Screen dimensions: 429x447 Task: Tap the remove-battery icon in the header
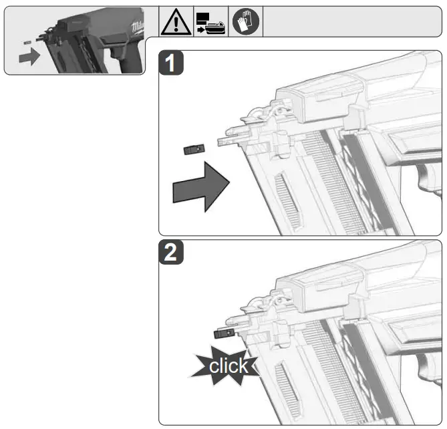(210, 22)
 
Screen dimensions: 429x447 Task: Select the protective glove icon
(245, 22)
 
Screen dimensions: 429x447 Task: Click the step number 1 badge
(174, 65)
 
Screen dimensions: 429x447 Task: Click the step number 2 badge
(174, 255)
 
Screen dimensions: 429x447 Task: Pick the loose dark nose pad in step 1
(193, 149)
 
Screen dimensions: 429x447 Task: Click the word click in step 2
(228, 366)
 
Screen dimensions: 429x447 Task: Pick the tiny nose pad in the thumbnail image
(27, 41)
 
